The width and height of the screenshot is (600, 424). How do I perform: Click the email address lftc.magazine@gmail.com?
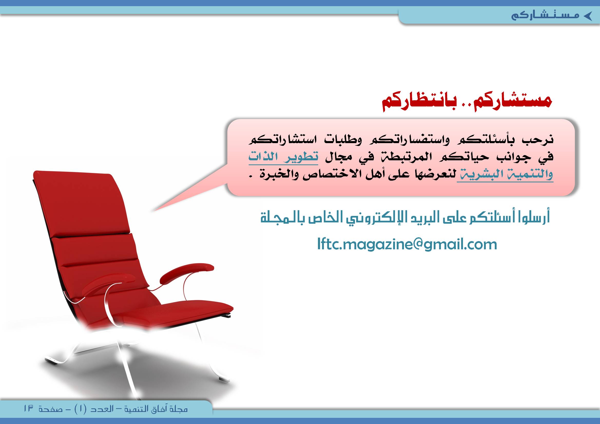tap(407, 244)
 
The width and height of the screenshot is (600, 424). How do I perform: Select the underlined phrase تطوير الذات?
tap(283, 157)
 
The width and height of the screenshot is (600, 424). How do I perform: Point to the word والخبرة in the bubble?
tap(280, 174)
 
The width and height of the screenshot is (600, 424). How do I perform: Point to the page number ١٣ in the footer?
tap(28, 408)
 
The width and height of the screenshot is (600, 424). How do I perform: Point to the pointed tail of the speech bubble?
tap(153, 211)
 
